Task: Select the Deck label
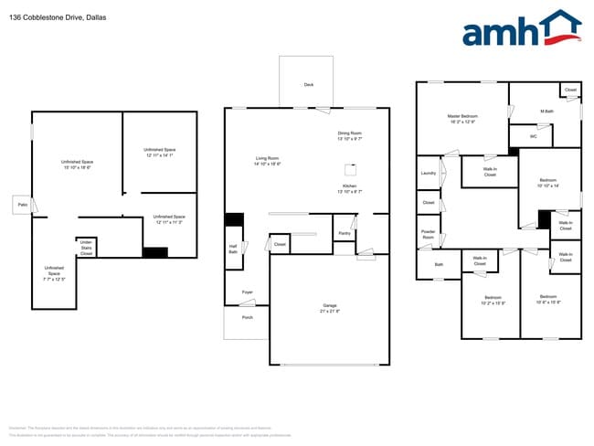[x=309, y=85]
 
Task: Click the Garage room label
[x=329, y=308]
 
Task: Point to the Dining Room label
[x=350, y=136]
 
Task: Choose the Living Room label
[x=267, y=162]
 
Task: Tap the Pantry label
[x=345, y=233]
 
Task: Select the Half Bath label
[x=233, y=249]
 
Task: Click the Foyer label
[x=248, y=292]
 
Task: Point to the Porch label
[x=247, y=317]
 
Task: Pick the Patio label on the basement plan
[x=21, y=205]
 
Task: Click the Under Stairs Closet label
[x=86, y=247]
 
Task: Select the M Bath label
[x=547, y=112]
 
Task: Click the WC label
[x=534, y=136]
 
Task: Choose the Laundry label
[x=428, y=173]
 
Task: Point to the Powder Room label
[x=428, y=234]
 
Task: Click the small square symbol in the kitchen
[x=349, y=169]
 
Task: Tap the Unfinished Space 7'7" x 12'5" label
[x=54, y=272]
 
